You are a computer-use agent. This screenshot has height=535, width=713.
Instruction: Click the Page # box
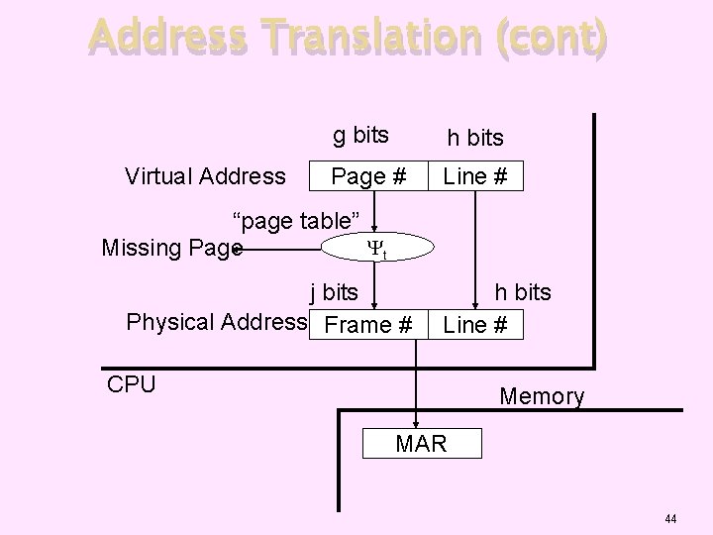coord(368,176)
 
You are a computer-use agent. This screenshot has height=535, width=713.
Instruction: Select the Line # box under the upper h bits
coord(475,176)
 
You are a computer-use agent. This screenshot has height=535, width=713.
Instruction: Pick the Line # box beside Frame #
coord(475,324)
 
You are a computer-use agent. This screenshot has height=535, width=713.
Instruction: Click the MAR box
coord(421,443)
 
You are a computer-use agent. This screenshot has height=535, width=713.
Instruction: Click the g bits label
coord(360,135)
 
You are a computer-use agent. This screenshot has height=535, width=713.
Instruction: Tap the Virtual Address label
coord(205,176)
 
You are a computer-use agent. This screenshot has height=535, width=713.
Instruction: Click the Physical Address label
coord(216,322)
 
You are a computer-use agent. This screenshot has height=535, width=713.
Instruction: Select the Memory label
coord(542,397)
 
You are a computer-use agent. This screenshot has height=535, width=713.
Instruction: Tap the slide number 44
coord(670,519)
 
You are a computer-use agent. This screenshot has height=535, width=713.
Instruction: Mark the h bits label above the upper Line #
coord(475,139)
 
